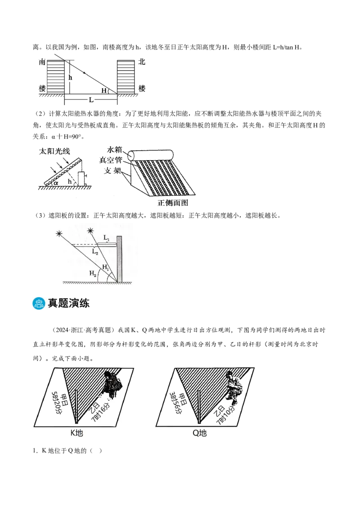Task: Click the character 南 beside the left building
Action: pos(42,62)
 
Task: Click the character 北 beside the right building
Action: pos(142,62)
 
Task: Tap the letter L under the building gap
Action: pos(91,100)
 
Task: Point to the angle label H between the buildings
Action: pos(104,90)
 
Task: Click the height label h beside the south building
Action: pos(70,77)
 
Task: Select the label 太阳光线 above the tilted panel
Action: pos(54,151)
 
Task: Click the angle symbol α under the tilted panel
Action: pos(56,183)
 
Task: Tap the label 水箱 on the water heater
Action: pos(114,150)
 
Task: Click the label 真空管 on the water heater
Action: pos(110,160)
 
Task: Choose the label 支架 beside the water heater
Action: pos(112,170)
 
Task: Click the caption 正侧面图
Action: pos(173,203)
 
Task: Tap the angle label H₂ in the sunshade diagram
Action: pos(93,273)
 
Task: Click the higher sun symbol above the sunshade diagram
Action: pos(90,231)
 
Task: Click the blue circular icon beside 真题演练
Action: pos(39,303)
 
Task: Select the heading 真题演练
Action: pos(68,303)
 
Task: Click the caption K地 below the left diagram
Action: pos(76,433)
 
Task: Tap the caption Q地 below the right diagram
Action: pos(199,433)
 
